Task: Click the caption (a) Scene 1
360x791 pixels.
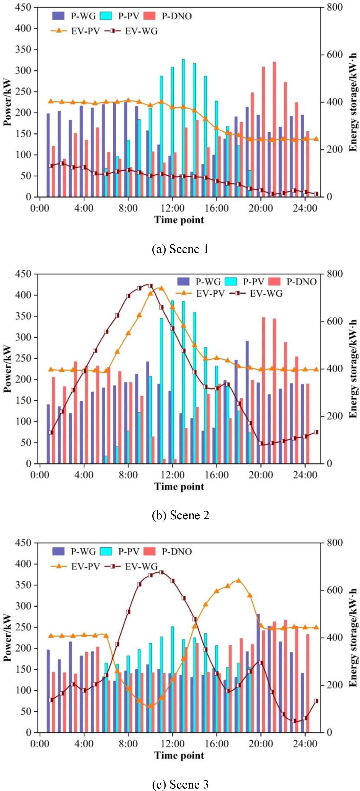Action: (x=180, y=249)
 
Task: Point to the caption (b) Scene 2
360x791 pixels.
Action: (x=180, y=515)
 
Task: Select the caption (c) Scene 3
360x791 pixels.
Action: (x=180, y=782)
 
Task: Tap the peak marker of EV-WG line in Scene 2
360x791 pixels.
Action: (x=150, y=286)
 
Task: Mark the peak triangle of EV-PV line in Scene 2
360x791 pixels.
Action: (x=161, y=288)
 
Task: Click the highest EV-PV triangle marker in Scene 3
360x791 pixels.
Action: (x=239, y=580)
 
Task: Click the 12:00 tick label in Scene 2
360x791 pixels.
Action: (x=172, y=475)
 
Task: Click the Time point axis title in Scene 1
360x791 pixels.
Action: (x=179, y=220)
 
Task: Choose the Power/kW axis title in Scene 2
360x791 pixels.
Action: (x=7, y=368)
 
